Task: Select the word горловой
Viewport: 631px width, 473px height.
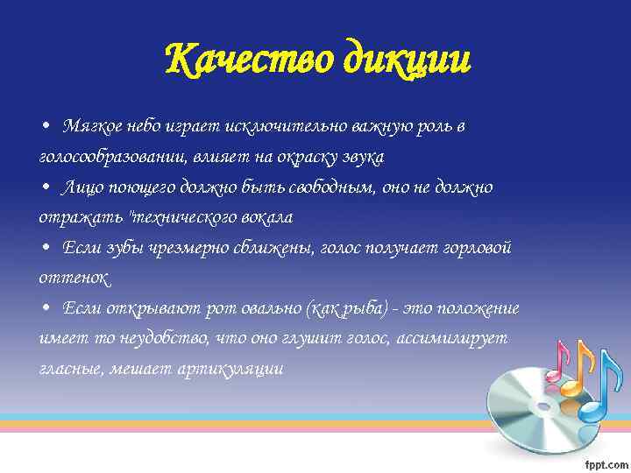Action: click(x=473, y=248)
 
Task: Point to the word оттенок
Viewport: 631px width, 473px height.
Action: click(x=74, y=279)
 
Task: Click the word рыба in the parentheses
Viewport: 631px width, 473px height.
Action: click(x=365, y=309)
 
